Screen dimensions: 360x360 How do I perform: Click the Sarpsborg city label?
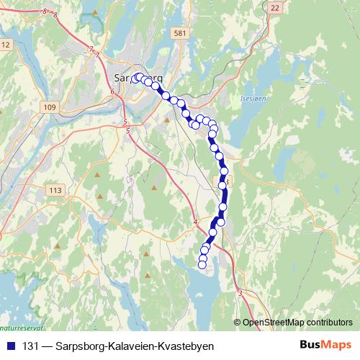click(138, 77)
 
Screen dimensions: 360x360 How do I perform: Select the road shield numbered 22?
click(275, 6)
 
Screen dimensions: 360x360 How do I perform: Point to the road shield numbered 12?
click(6, 45)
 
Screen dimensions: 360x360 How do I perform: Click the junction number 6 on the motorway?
click(113, 92)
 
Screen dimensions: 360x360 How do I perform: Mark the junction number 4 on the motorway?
click(195, 222)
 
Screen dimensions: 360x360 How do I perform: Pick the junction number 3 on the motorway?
click(240, 292)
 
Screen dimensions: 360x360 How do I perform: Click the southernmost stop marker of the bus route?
click(202, 264)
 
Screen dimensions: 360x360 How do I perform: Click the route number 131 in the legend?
click(31, 346)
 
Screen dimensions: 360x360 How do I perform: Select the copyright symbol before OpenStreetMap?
click(237, 322)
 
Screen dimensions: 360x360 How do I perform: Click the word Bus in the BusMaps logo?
click(310, 345)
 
